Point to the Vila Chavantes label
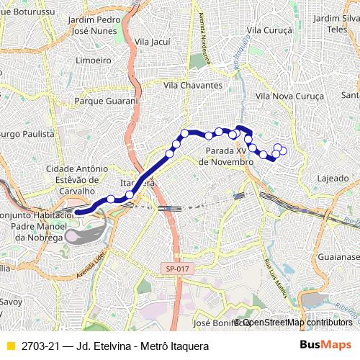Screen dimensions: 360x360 pos(192,85)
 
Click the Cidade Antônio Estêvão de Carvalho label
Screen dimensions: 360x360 pos(71,179)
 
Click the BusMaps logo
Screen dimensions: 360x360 pos(330,346)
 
